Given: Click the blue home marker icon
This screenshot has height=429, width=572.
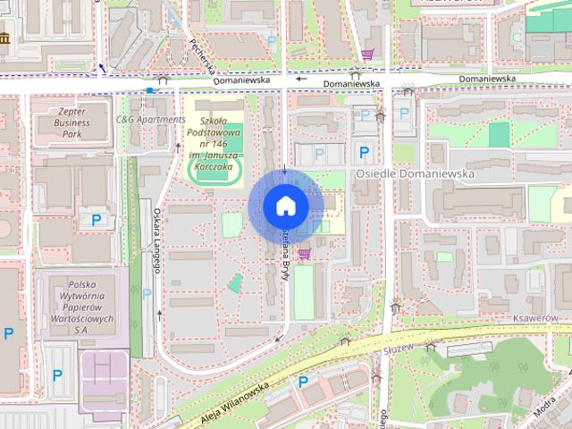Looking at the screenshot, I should click(285, 206).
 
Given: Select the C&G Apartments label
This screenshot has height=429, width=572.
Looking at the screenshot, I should click(150, 119).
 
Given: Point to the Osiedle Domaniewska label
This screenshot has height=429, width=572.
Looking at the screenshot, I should click(415, 174).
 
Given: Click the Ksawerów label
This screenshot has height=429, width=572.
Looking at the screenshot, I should click(535, 318).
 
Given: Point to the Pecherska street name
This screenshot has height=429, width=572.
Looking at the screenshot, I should click(202, 55).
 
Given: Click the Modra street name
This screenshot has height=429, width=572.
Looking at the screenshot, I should click(546, 407).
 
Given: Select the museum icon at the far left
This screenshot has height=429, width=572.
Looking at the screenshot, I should click(5, 40).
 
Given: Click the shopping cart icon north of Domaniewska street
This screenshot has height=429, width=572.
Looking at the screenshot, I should click(367, 55).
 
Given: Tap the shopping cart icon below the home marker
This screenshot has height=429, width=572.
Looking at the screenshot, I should click(306, 254).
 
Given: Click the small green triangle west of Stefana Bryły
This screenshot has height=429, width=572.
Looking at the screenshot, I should click(234, 284).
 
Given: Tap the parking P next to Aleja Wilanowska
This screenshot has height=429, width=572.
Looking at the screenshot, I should click(303, 382).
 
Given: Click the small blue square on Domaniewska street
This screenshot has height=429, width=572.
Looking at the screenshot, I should click(149, 89).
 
